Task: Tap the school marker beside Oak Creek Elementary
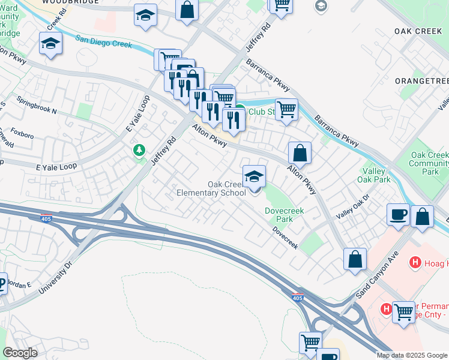tap(255, 177)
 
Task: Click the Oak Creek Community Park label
tap(429, 163)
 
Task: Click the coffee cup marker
tap(398, 215)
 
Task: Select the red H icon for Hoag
tap(414, 262)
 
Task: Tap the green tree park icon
tap(139, 150)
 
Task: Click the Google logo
tap(19, 353)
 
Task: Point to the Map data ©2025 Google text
tap(411, 355)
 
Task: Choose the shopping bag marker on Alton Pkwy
tap(300, 152)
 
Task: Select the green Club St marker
tap(240, 110)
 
